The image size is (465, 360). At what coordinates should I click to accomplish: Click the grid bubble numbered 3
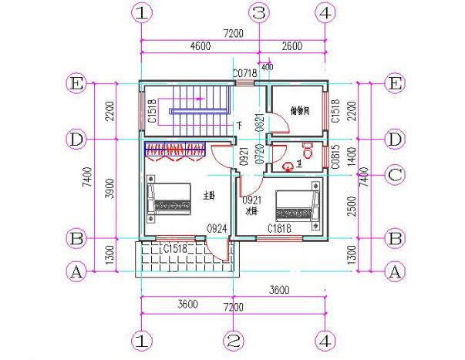pos(259,13)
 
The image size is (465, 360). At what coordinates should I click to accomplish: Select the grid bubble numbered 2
pos(234,340)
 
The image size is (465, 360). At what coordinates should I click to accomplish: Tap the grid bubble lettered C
pos(395,175)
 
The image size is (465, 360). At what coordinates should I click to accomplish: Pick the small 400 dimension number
pos(267,66)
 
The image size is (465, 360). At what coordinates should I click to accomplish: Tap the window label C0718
pos(244,73)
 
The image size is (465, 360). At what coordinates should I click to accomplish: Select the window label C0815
pos(335,157)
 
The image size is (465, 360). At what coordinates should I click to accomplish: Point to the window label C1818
pos(279,229)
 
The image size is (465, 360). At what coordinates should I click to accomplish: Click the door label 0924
pos(215,229)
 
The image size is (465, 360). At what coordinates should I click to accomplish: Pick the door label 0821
pos(259,123)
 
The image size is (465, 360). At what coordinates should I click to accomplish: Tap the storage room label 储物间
pos(299,111)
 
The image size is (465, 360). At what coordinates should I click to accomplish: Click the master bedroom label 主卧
pos(208,196)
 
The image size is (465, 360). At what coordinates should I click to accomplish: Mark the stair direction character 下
pos(240,124)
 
